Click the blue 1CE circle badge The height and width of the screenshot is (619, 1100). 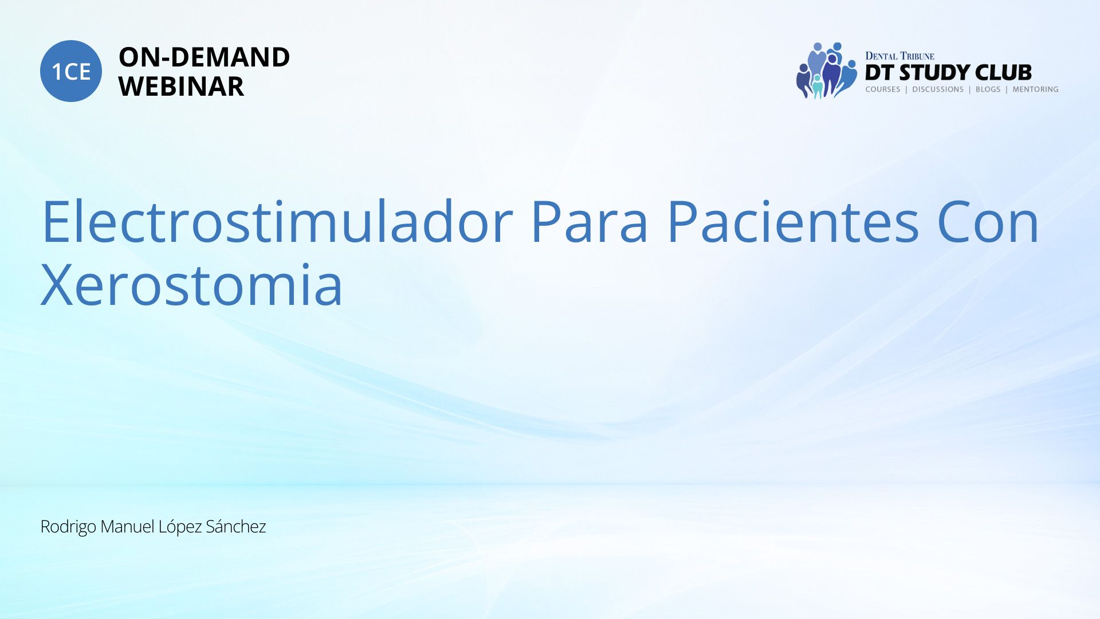[x=71, y=71]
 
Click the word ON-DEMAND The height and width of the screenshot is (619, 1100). [x=204, y=57]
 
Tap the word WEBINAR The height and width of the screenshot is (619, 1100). [x=181, y=87]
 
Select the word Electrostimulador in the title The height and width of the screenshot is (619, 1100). [x=277, y=221]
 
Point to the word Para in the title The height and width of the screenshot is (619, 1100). [x=589, y=221]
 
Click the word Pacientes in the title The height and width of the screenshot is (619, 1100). [x=793, y=221]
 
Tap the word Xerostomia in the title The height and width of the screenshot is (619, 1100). [x=192, y=284]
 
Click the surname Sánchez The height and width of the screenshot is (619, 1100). [x=235, y=526]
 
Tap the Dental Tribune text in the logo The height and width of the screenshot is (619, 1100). [x=899, y=56]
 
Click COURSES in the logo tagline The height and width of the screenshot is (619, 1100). [x=883, y=89]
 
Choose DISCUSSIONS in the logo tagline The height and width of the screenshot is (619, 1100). [x=938, y=89]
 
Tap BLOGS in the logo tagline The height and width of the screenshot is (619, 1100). [x=988, y=89]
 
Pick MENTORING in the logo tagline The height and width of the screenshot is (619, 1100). [x=1035, y=89]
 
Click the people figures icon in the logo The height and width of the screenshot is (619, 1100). [x=826, y=70]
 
